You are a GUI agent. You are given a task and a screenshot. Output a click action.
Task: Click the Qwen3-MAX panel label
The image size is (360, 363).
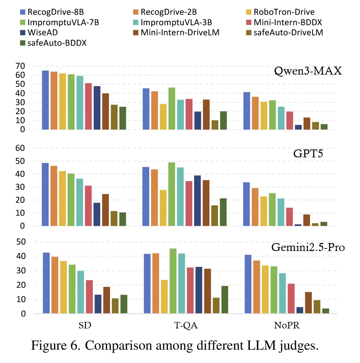tap(308, 71)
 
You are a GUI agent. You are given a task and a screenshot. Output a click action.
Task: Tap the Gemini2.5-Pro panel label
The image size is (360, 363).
tap(308, 247)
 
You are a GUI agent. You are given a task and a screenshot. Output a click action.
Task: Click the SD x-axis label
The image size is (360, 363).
tap(85, 326)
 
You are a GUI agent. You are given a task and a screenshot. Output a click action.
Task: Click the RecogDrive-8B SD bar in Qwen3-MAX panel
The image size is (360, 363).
tap(45, 100)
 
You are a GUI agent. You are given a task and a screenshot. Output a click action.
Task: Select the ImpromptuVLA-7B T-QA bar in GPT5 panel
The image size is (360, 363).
tap(172, 194)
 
